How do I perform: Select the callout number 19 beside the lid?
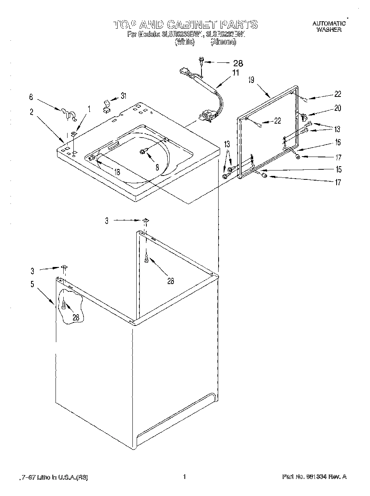point(251,80)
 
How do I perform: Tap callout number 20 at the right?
point(337,108)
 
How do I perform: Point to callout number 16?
point(338,143)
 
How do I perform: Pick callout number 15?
point(339,169)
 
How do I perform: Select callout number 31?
point(123,96)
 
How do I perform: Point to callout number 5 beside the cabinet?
point(32,284)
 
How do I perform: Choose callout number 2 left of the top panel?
point(31,112)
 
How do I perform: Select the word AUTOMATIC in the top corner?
point(329,24)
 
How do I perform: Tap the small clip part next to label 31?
point(106,105)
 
